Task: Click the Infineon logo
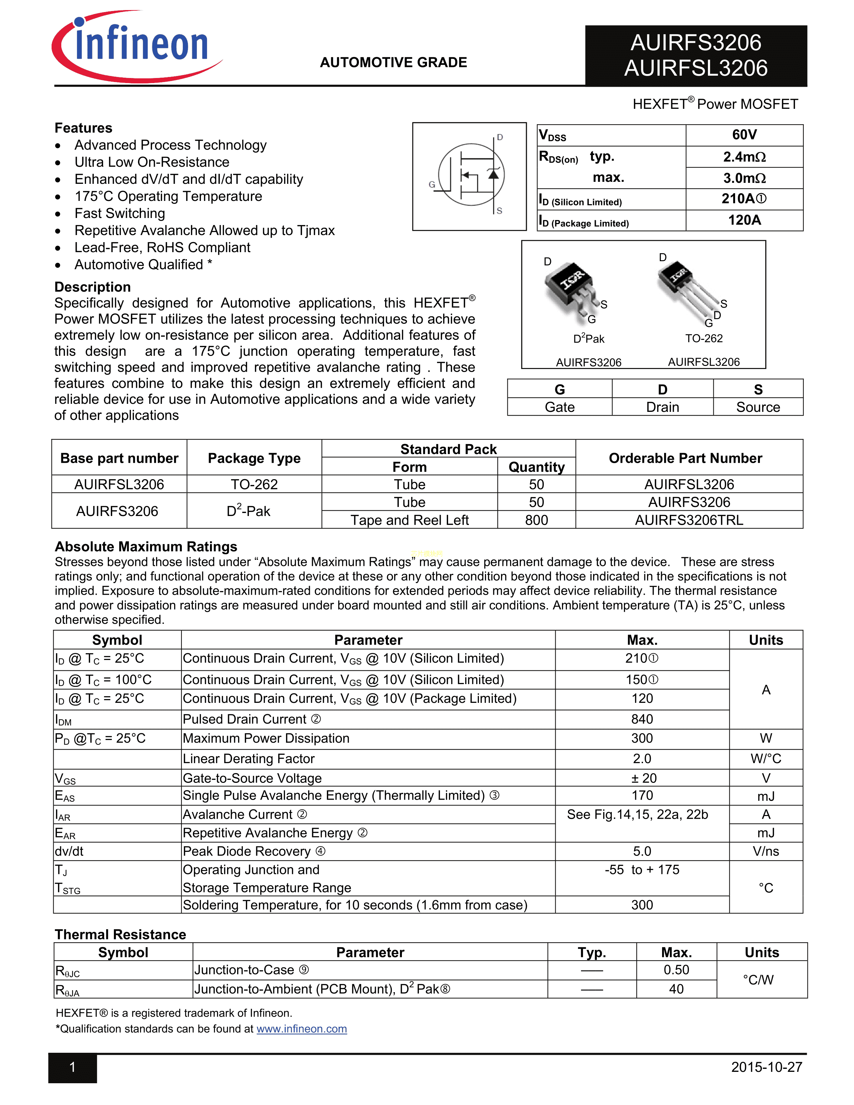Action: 137,47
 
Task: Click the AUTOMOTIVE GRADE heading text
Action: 393,63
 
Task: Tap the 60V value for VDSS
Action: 744,135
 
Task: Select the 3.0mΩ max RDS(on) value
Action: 744,178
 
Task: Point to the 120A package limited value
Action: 744,220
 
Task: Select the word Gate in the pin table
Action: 560,407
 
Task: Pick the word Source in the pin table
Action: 758,407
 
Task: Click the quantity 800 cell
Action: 536,520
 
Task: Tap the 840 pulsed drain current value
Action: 642,719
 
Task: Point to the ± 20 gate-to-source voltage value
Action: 642,778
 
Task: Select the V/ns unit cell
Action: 766,852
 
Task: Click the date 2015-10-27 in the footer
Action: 767,1067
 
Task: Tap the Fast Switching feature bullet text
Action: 120,214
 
